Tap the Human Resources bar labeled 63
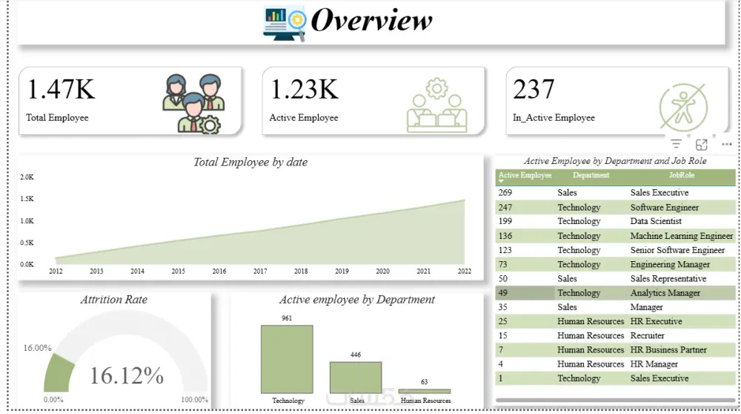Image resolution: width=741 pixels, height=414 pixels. (x=425, y=391)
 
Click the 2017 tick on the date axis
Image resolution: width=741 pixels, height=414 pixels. (x=260, y=272)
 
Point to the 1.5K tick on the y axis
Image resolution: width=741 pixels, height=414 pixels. (x=27, y=199)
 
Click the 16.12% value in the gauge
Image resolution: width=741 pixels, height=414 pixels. (x=127, y=375)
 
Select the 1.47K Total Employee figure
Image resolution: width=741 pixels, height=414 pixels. (x=62, y=90)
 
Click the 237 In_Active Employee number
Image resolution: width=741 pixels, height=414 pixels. (x=534, y=90)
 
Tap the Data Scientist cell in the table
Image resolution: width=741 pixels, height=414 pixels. (x=656, y=221)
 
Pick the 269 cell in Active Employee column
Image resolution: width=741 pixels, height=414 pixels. (x=505, y=193)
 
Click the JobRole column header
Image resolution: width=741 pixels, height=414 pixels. (x=682, y=176)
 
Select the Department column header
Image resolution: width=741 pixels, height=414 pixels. (x=591, y=176)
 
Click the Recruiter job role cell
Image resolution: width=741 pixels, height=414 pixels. (x=647, y=335)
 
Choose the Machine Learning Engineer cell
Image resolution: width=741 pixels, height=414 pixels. (x=681, y=236)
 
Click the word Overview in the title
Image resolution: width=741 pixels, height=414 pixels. (x=371, y=20)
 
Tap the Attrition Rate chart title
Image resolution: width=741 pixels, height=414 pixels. (x=114, y=300)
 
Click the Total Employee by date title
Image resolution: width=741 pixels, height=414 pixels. (x=250, y=162)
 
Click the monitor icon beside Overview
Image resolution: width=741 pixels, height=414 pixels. (x=284, y=22)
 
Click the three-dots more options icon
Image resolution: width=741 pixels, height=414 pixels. (x=726, y=144)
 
